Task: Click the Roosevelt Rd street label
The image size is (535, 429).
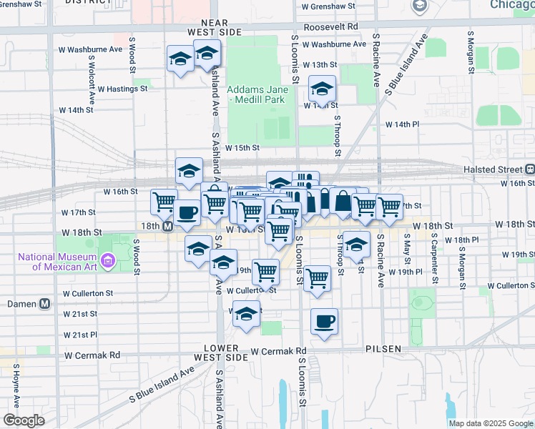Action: [x=330, y=26]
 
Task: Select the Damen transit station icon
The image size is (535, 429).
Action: [x=45, y=303]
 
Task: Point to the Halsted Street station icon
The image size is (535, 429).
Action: [x=530, y=169]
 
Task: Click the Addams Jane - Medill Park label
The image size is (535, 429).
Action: [x=257, y=94]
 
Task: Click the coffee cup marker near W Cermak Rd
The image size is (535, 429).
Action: [x=324, y=322]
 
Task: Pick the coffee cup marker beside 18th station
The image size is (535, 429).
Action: [x=187, y=212]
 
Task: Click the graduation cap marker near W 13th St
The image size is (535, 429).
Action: [x=322, y=89]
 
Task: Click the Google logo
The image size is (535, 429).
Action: [x=24, y=420]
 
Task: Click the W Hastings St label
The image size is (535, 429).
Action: [x=122, y=89]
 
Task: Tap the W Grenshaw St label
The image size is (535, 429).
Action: [x=328, y=6]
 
